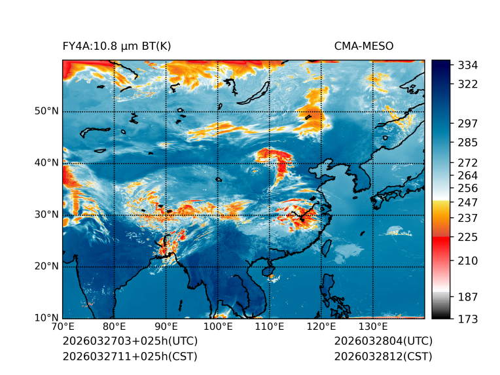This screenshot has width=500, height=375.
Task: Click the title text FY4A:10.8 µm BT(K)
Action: point(117,46)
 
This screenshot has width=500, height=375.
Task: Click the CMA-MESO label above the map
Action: point(364,46)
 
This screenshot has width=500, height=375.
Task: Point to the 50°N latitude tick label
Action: point(46,111)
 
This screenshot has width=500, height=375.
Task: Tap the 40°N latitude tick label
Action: point(46,163)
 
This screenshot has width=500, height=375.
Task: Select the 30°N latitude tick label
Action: point(46,215)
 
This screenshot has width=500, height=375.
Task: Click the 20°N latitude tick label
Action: point(46,266)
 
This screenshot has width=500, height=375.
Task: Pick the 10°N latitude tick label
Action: point(46,318)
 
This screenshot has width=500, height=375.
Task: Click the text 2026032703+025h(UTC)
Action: point(130,342)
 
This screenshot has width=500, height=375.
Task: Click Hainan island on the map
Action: point(267,270)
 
